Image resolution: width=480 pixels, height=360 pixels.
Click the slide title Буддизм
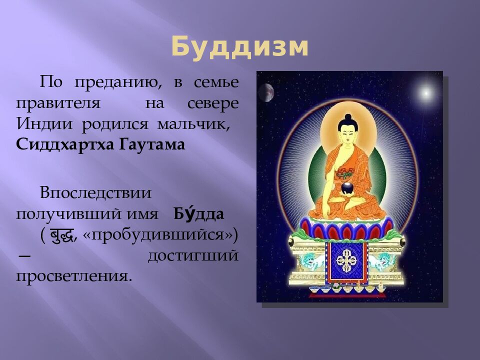click(x=239, y=48)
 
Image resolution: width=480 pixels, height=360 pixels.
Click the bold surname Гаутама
click(x=152, y=145)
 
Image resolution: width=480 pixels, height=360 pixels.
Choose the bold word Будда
click(x=199, y=214)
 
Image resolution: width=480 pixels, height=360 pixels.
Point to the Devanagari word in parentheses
click(x=62, y=235)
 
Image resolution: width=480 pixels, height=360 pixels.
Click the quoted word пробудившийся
click(x=156, y=235)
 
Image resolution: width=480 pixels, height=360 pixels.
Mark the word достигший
click(x=192, y=256)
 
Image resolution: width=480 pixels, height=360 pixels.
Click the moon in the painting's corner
click(x=265, y=92)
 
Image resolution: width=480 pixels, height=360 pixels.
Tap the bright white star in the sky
click(x=426, y=92)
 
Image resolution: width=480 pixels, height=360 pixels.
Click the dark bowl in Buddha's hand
click(x=347, y=188)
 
